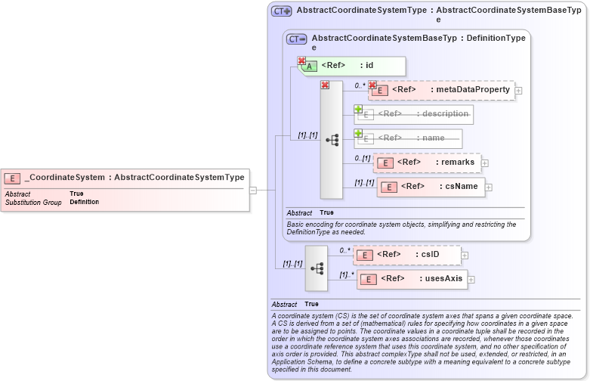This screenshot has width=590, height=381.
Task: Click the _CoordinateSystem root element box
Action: pyautogui.click(x=125, y=178)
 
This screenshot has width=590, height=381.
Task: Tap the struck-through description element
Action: pyautogui.click(x=414, y=114)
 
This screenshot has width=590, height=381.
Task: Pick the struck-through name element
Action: pyautogui.click(x=409, y=138)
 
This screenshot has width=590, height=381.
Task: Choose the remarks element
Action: pyautogui.click(x=427, y=163)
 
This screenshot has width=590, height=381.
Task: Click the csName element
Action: pyautogui.click(x=431, y=187)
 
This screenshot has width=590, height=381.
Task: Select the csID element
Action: pyautogui.click(x=407, y=255)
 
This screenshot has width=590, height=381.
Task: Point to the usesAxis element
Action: pyautogui.click(x=412, y=279)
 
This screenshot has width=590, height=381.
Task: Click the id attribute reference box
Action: pyautogui.click(x=354, y=66)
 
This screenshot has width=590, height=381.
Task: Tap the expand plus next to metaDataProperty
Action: pyautogui.click(x=518, y=90)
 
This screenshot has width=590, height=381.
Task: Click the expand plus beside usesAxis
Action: pyautogui.click(x=471, y=280)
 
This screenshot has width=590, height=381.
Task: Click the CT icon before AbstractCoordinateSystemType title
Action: pyautogui.click(x=282, y=11)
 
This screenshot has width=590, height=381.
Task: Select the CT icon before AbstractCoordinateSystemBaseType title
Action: pyautogui.click(x=297, y=39)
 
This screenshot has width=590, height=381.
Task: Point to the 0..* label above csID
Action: pyautogui.click(x=344, y=250)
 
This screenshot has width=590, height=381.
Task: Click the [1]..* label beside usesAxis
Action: pyautogui.click(x=347, y=274)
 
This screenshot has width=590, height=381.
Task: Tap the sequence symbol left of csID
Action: pyautogui.click(x=317, y=268)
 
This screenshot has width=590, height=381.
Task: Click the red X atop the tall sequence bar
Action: pyautogui.click(x=325, y=85)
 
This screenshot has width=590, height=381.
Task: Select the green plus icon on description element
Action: pyautogui.click(x=358, y=109)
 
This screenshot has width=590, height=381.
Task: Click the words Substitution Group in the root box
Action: pyautogui.click(x=33, y=203)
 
